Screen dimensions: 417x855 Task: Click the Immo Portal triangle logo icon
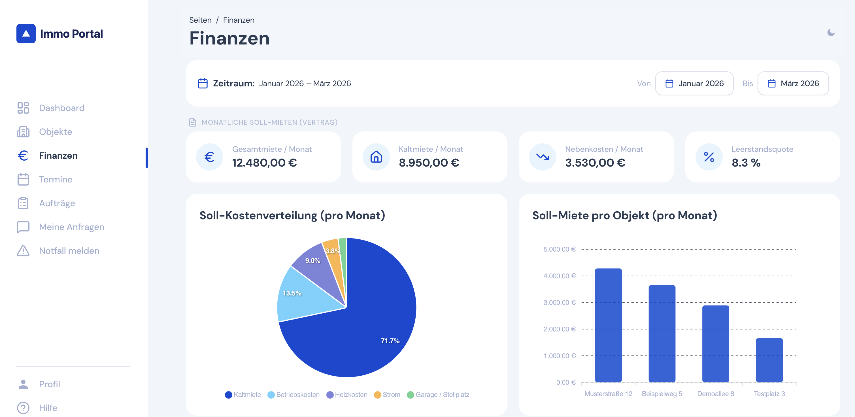26,33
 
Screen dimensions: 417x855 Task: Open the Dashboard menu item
61,108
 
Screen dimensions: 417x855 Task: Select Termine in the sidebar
56,179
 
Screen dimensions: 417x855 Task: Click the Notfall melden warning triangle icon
23,251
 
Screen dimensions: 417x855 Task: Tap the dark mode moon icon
831,32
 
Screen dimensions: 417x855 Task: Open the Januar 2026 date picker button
694,83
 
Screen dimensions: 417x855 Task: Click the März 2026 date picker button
793,83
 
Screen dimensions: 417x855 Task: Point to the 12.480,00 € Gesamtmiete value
264,163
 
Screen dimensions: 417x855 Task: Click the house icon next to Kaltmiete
376,157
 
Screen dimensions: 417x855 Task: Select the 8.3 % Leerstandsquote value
746,163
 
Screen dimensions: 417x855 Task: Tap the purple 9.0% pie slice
315,266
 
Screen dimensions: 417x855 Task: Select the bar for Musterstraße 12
608,325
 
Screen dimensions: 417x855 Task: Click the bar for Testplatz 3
769,360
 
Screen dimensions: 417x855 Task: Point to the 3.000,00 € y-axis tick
559,303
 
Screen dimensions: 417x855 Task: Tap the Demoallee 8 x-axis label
715,394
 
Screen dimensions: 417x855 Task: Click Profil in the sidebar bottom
50,384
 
